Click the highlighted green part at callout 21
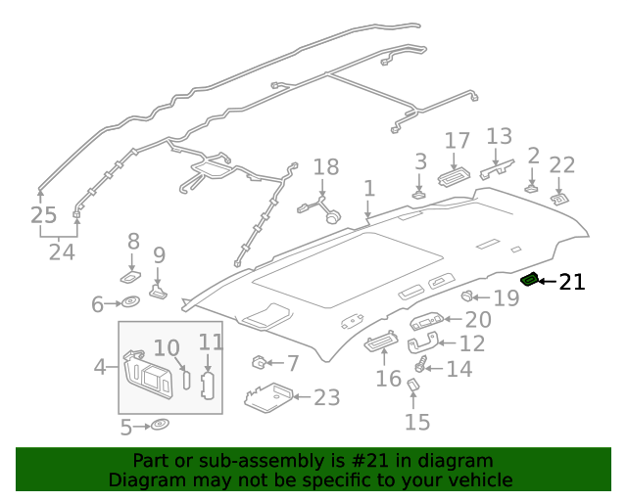530,280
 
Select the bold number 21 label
571,283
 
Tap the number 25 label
42,214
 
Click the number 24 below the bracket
62,252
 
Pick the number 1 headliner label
368,188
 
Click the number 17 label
458,141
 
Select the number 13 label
499,136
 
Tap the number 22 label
561,164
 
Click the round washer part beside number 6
132,304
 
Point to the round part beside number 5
159,426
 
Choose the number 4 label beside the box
100,367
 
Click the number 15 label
417,422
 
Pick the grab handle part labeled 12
418,343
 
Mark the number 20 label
478,319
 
